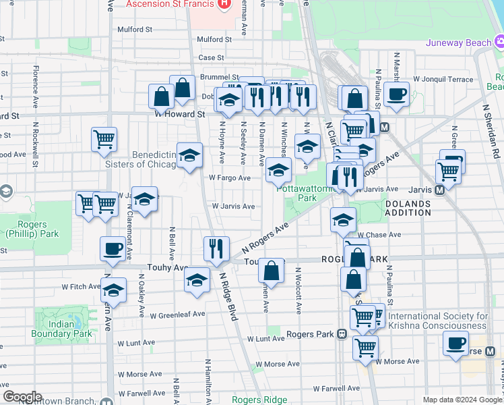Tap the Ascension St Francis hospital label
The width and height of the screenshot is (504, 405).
[x=170, y=4]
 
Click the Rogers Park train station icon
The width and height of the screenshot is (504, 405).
[x=342, y=333]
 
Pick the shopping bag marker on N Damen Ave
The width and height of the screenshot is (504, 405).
[x=271, y=271]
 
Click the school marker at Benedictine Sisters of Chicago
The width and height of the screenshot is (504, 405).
[x=189, y=155]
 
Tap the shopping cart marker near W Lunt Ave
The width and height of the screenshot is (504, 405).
[x=365, y=347]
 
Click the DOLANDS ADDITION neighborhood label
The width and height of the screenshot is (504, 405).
[x=408, y=208]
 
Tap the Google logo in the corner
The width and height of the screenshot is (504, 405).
[x=22, y=397]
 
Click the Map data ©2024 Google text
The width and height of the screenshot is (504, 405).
[x=462, y=400]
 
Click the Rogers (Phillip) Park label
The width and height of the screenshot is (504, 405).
[x=30, y=230]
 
